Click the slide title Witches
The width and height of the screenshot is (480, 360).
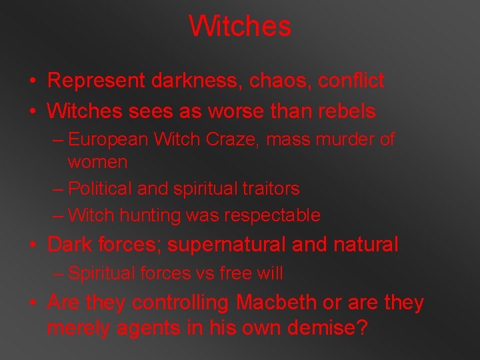(x=240, y=27)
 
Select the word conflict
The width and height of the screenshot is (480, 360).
(x=351, y=81)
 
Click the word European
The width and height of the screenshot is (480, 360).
(x=110, y=139)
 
